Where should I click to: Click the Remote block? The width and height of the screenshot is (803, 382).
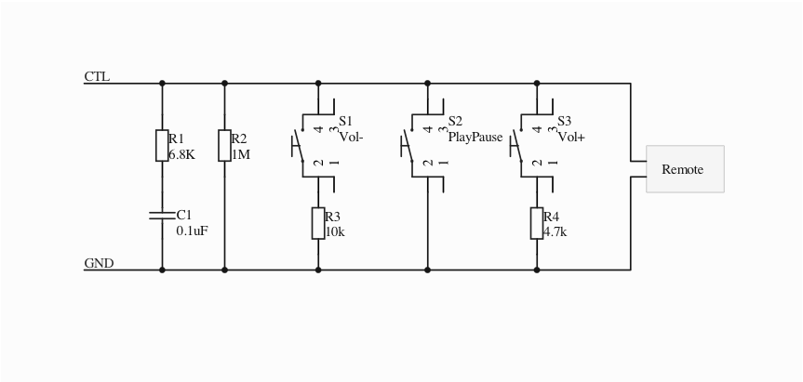[684, 169]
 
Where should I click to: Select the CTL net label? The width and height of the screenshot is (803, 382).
[97, 76]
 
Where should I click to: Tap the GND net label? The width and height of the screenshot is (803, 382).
[99, 263]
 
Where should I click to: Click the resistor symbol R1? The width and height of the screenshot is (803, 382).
[162, 146]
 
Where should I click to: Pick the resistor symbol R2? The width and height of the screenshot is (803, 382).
[224, 146]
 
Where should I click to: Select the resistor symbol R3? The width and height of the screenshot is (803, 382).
[318, 223]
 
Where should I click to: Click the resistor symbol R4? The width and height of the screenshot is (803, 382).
[537, 223]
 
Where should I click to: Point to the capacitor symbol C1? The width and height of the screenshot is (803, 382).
[162, 216]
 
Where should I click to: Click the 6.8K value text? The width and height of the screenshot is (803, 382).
[181, 155]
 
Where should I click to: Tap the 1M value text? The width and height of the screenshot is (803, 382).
[241, 155]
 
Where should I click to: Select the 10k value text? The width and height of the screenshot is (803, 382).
[335, 231]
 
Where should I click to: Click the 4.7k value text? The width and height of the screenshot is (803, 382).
[555, 231]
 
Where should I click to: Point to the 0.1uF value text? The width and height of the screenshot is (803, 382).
[192, 231]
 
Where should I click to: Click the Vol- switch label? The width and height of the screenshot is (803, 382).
[351, 137]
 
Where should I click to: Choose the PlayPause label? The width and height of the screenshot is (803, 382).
[475, 137]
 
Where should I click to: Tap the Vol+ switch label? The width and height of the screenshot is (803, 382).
[571, 137]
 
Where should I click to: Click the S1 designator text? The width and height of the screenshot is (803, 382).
[345, 121]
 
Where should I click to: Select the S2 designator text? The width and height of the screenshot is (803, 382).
[455, 121]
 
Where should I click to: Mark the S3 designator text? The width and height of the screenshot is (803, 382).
[565, 121]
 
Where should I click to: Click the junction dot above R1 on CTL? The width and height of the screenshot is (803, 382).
[162, 84]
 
